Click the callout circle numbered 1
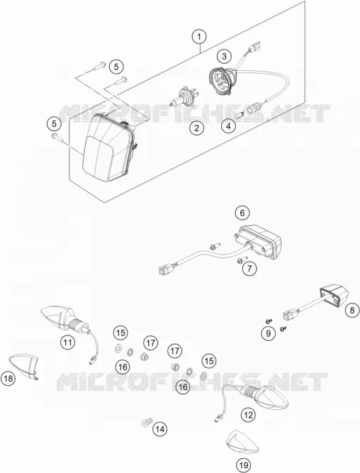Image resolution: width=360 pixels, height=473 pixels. [x=199, y=37]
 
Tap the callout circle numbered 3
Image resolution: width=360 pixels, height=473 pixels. [x=225, y=56]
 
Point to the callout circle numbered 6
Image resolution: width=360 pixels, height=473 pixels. [x=242, y=213]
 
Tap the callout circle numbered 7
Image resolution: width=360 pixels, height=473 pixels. [x=249, y=268]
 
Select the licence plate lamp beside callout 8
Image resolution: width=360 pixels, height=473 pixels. [x=333, y=297]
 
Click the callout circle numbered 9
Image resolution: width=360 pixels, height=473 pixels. [x=269, y=333]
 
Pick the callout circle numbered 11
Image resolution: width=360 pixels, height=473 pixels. [x=67, y=343]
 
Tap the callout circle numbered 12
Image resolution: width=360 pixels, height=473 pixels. [x=248, y=415]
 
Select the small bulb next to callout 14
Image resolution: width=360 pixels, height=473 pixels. [x=147, y=422]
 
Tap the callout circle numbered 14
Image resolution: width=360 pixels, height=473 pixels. [x=159, y=429]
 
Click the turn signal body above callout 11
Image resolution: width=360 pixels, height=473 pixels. [x=64, y=318]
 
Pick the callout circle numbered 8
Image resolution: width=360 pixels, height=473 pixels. [x=352, y=310]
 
